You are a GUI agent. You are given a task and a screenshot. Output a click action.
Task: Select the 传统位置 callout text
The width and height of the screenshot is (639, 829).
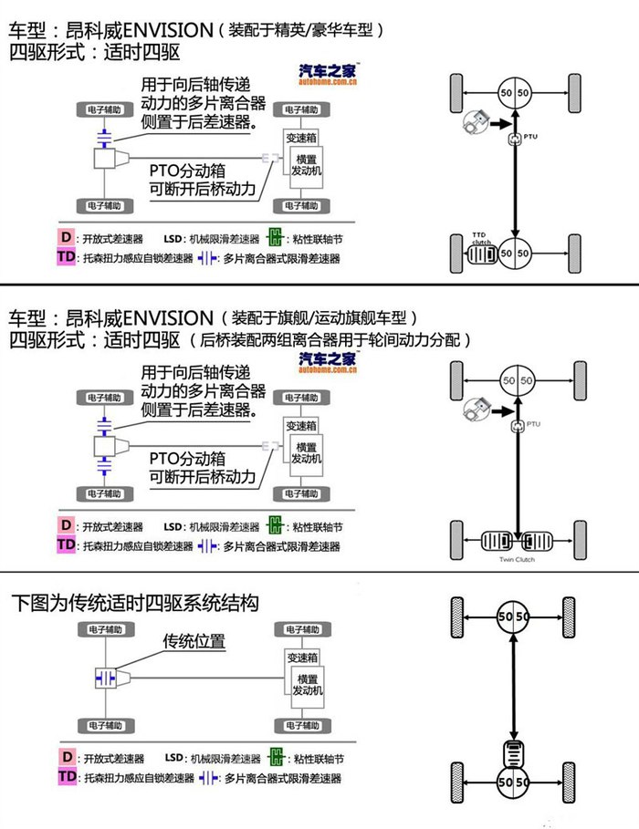coord(194,641)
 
